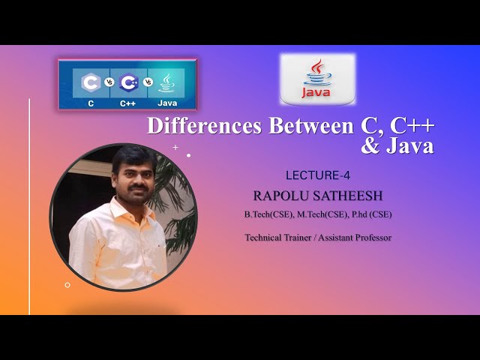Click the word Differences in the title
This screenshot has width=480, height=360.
click(x=199, y=126)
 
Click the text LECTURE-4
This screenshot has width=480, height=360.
click(x=318, y=176)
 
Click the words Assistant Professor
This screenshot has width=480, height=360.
click(x=358, y=238)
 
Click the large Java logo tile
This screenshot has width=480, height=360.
click(x=317, y=79)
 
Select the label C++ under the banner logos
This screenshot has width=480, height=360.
click(x=128, y=103)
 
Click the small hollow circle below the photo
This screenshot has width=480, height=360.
click(x=67, y=285)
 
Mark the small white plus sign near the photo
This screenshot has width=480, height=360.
click(x=175, y=148)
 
